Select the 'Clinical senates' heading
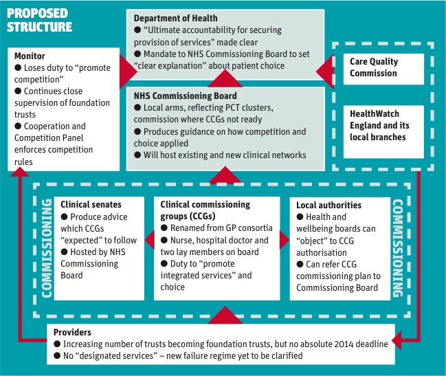pyautogui.click(x=91, y=205)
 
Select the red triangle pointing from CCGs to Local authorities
pyautogui.click(x=284, y=240)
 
